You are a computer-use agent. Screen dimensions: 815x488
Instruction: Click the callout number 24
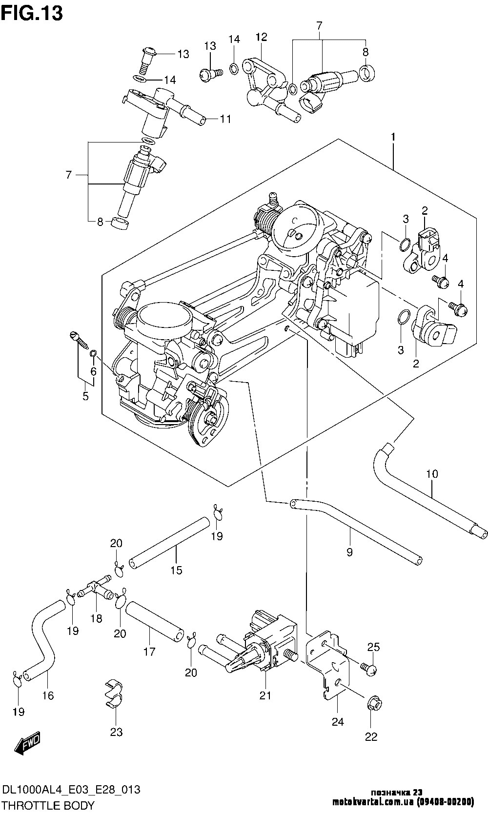(x=338, y=722)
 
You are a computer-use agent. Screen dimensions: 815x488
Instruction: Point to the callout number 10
(x=432, y=473)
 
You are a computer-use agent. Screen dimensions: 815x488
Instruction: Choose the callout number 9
(x=349, y=552)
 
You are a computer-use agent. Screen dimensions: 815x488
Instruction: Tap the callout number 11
(x=225, y=119)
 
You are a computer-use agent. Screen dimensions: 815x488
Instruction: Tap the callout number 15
(x=176, y=570)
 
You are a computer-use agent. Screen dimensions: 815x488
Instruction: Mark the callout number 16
(x=48, y=695)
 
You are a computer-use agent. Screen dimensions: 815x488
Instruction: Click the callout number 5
(x=85, y=396)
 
